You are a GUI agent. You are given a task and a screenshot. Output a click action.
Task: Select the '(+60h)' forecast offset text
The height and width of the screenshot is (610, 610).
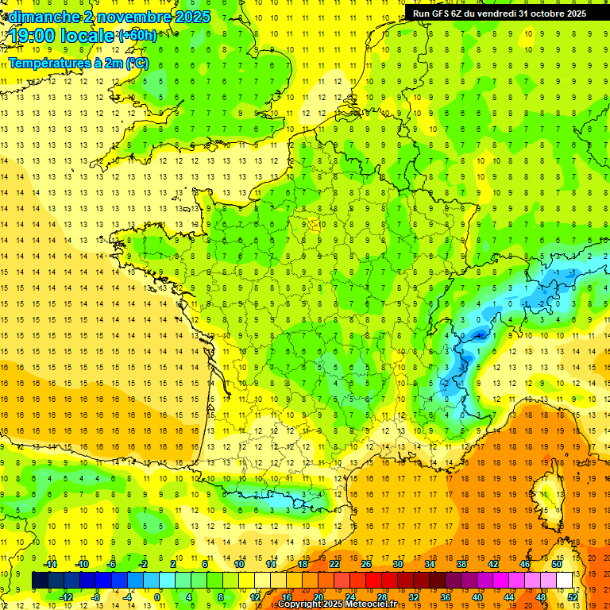click(137, 36)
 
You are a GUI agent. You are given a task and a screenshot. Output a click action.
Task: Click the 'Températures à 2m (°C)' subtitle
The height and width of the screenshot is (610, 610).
click(78, 63)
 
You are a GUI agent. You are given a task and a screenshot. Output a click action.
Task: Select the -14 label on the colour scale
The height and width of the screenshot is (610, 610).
click(50, 563)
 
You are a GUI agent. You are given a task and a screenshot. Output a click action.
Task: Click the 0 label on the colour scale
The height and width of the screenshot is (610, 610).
click(157, 596)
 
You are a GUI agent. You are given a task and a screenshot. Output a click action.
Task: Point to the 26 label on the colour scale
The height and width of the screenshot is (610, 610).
click(366, 563)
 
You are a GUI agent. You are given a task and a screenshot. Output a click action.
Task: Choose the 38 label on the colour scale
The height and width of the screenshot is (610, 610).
click(461, 563)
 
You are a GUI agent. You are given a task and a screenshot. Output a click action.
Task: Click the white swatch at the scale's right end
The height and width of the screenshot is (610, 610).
click(565, 581)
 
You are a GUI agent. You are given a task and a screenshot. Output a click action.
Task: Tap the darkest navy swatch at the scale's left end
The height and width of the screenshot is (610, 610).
click(40, 581)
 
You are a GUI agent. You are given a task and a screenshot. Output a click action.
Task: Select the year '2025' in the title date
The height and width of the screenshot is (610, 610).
click(193, 16)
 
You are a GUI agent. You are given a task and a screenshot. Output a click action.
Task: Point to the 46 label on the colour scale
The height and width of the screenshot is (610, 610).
click(525, 563)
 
